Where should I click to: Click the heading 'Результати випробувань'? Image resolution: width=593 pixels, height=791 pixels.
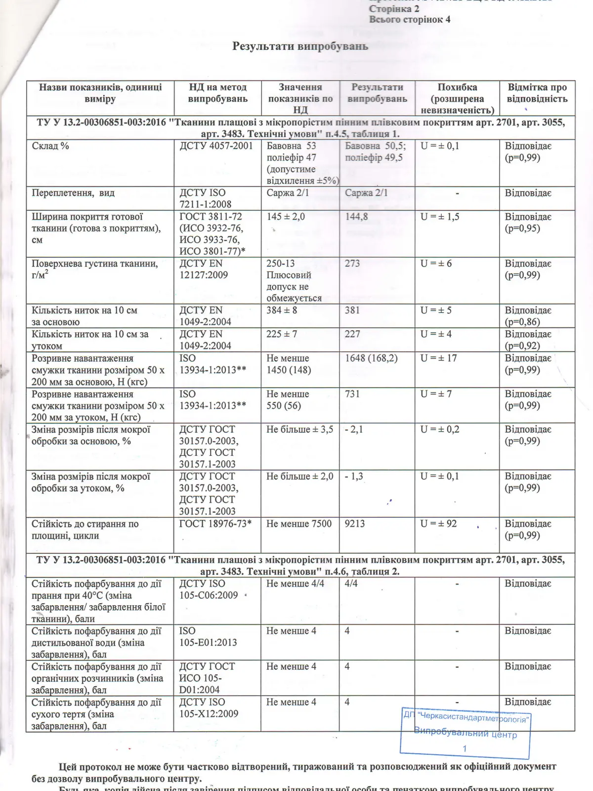pyautogui.click(x=300, y=46)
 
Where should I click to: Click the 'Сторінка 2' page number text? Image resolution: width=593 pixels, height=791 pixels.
pyautogui.click(x=394, y=9)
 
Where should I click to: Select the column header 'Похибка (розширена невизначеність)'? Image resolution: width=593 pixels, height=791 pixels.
pyautogui.click(x=457, y=98)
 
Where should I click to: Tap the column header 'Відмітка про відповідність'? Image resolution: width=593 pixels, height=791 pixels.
pyautogui.click(x=537, y=93)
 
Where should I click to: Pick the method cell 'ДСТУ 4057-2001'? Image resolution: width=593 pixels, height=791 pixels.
pyautogui.click(x=216, y=146)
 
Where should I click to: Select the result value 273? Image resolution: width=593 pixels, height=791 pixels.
pyautogui.click(x=352, y=264)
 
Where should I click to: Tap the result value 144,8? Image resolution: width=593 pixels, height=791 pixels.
pyautogui.click(x=356, y=217)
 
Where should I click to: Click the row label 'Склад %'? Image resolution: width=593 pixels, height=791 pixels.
pyautogui.click(x=50, y=146)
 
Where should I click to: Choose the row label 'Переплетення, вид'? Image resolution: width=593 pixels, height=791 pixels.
pyautogui.click(x=73, y=193)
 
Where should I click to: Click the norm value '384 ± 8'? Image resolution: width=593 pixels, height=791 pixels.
pyautogui.click(x=282, y=310)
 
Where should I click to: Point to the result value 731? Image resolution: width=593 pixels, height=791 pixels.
pyautogui.click(x=352, y=394)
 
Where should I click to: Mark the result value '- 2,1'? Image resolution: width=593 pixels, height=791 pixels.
pyautogui.click(x=354, y=430)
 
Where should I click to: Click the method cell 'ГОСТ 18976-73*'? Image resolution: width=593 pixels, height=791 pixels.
pyautogui.click(x=215, y=524)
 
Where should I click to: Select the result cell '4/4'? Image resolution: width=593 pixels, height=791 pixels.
pyautogui.click(x=351, y=584)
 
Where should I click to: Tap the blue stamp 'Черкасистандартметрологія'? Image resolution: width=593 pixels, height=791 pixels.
pyautogui.click(x=466, y=733)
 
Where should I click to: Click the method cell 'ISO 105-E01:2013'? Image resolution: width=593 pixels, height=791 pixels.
pyautogui.click(x=208, y=637)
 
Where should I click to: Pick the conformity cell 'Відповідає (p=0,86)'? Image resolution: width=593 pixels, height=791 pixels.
pyautogui.click(x=528, y=316)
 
